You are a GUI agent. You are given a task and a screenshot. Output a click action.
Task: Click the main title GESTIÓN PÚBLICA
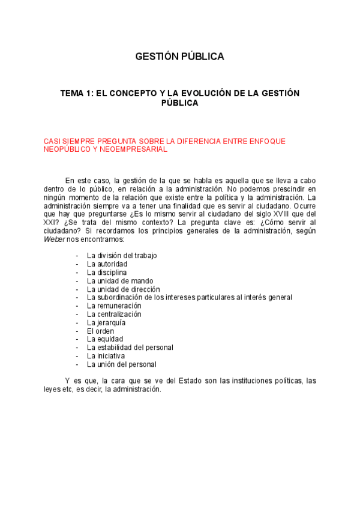[179, 57]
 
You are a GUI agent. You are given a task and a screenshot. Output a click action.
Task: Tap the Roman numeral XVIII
[271, 213]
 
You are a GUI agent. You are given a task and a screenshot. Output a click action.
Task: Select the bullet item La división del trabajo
[122, 255]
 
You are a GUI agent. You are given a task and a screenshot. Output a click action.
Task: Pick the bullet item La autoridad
[107, 264]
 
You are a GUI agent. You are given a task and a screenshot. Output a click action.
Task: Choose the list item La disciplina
[107, 272]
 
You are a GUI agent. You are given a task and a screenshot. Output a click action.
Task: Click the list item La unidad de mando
[120, 280]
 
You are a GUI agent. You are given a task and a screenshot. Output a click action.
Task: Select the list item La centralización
[114, 314]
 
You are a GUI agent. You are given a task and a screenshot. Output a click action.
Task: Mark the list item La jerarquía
[106, 322]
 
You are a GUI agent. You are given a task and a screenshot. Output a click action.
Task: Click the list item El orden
[100, 331]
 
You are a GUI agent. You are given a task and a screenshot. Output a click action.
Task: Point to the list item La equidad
[105, 339]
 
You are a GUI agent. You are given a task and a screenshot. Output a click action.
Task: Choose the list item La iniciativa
[106, 356]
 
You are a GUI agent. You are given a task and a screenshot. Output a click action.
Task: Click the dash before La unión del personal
[77, 364]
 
